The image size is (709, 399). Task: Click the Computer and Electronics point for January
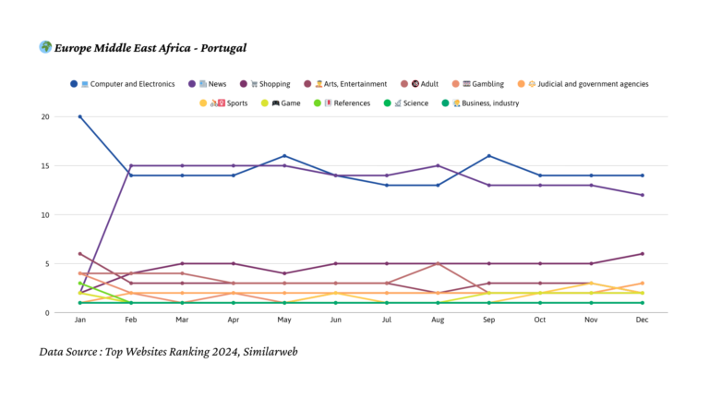tap(80, 117)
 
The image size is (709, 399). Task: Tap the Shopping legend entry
tap(269, 84)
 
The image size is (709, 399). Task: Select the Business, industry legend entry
tap(481, 103)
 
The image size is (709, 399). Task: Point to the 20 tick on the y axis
tap(57, 117)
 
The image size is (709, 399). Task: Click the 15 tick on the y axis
tap(57, 166)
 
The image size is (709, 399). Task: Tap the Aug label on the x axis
tap(438, 320)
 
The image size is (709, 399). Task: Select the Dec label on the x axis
tap(642, 320)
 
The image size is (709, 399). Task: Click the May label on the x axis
tap(284, 320)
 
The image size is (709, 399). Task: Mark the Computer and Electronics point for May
tap(284, 156)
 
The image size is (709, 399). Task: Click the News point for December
tap(642, 195)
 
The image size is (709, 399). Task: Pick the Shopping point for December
tap(642, 254)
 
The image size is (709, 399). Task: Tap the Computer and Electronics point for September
tap(488, 156)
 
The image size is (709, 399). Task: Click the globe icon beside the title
tap(45, 47)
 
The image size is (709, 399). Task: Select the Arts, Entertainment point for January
tap(80, 254)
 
